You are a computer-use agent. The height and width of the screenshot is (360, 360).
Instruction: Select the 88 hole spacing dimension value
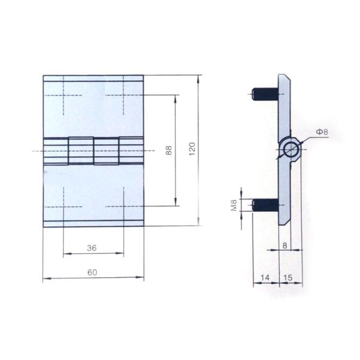click(169, 150)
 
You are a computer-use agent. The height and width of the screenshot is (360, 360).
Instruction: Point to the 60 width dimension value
click(92, 272)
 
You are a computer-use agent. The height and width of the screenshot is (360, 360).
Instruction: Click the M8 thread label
click(234, 206)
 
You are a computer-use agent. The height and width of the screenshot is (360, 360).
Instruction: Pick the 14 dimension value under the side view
click(265, 278)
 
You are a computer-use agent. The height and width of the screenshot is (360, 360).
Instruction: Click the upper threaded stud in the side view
click(264, 94)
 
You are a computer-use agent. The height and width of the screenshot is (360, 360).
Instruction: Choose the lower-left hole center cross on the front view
click(62, 206)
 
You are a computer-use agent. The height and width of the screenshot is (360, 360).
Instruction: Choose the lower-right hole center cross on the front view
click(123, 206)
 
